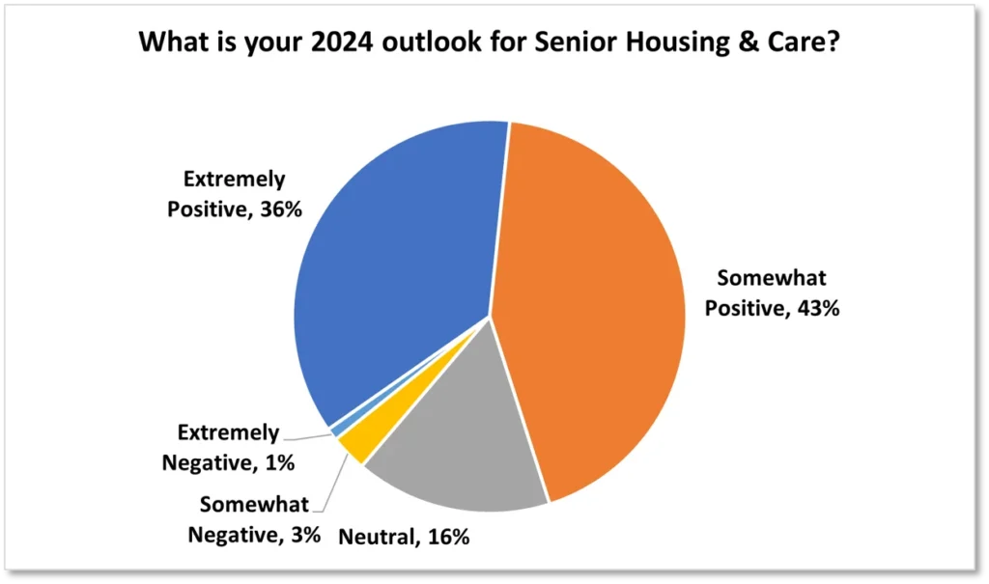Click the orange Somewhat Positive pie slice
pos(593,303)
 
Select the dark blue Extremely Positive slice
pos(397,264)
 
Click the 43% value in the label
pos(818,308)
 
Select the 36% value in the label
pos(281,209)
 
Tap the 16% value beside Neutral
pos(448,537)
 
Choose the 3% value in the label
pos(306,535)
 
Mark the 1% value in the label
pos(279,463)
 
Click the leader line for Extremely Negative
pos(307,436)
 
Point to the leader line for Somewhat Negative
pos(335,483)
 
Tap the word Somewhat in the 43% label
pos(772,277)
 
